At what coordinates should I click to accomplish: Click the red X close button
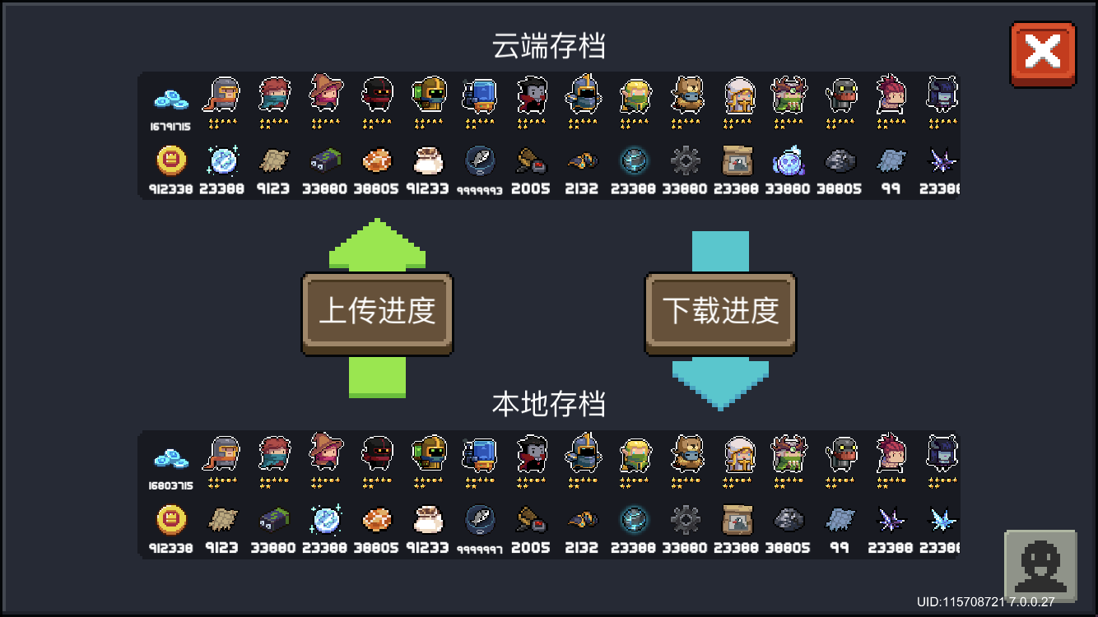(1043, 53)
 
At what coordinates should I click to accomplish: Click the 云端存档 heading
(549, 46)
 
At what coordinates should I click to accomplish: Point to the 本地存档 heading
(549, 404)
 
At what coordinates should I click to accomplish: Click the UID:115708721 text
(961, 602)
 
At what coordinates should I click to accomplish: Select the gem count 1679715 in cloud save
(170, 128)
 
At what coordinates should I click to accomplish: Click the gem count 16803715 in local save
(170, 486)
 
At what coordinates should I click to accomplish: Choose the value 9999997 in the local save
(479, 549)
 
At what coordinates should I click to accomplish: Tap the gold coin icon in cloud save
(171, 160)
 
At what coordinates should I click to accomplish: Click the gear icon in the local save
(685, 519)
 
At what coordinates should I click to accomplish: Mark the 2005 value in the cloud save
(531, 189)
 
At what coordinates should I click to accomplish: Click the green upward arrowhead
(378, 244)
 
